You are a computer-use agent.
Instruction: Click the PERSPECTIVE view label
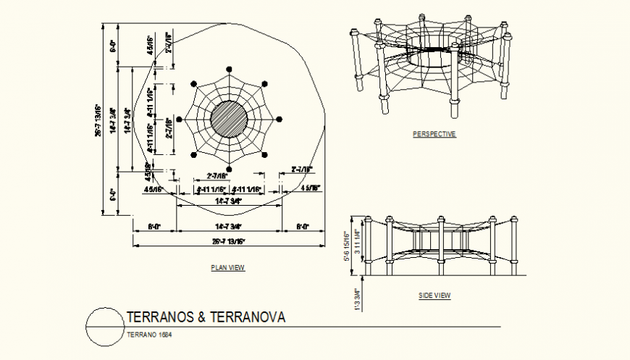(x=434, y=134)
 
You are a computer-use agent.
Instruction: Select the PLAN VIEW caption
(x=228, y=268)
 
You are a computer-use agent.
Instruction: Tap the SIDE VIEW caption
(x=434, y=296)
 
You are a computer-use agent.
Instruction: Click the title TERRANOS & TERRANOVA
(x=206, y=317)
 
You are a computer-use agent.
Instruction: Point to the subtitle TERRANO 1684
(x=149, y=335)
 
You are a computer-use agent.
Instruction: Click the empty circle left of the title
(x=104, y=327)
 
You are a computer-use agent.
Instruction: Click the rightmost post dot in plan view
(x=280, y=120)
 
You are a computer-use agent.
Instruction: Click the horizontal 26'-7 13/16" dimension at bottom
(x=228, y=241)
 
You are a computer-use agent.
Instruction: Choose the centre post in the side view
(x=440, y=246)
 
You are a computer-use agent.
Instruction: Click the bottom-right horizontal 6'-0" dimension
(x=302, y=227)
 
